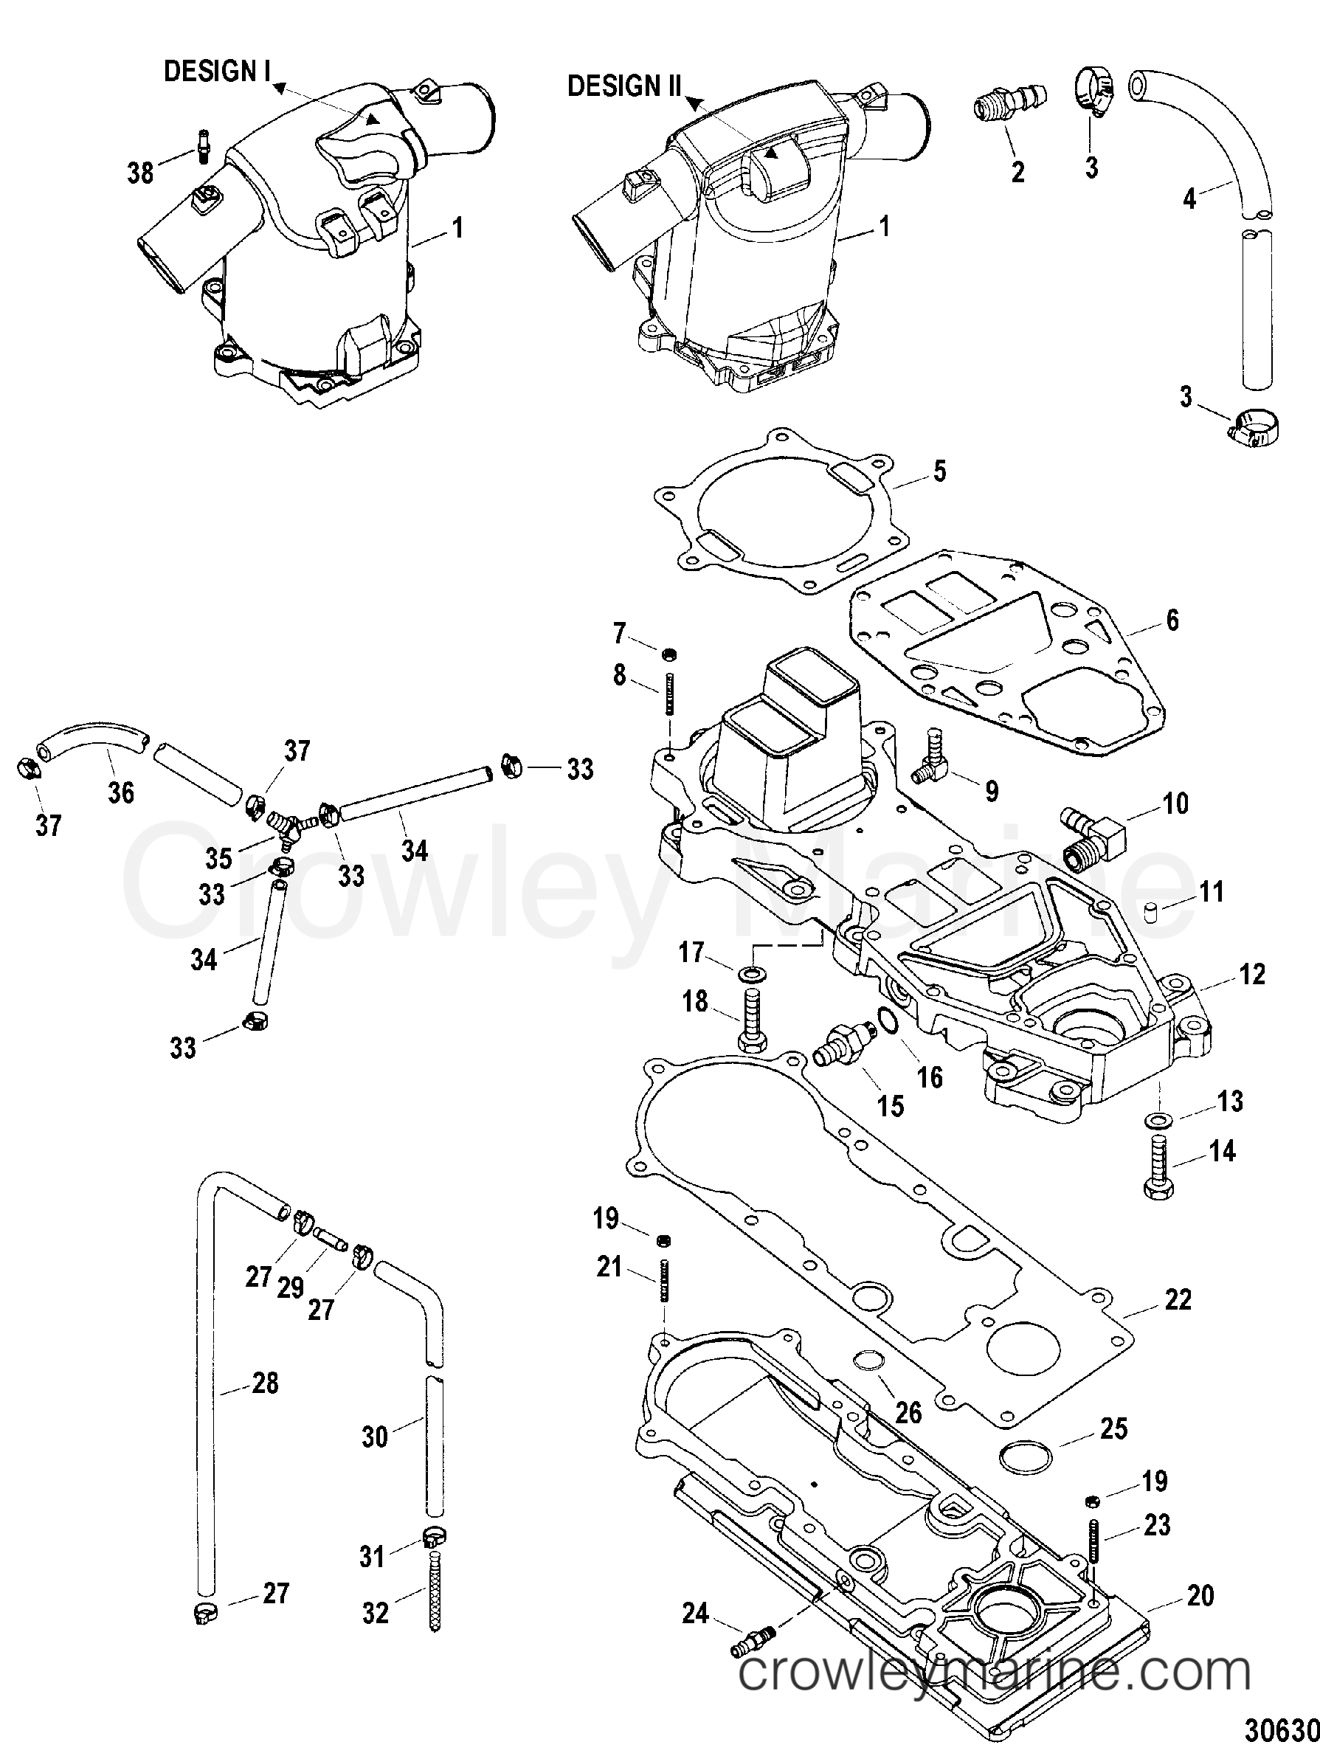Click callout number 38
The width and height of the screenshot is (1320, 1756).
point(140,171)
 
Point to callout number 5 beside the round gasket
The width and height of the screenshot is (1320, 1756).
point(940,471)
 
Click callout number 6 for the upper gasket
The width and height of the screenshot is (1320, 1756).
point(1172,619)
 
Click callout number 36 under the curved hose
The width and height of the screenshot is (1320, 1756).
point(121,792)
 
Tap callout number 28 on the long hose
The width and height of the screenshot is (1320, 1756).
point(265,1382)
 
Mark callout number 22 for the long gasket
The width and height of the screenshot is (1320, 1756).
point(1177,1299)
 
